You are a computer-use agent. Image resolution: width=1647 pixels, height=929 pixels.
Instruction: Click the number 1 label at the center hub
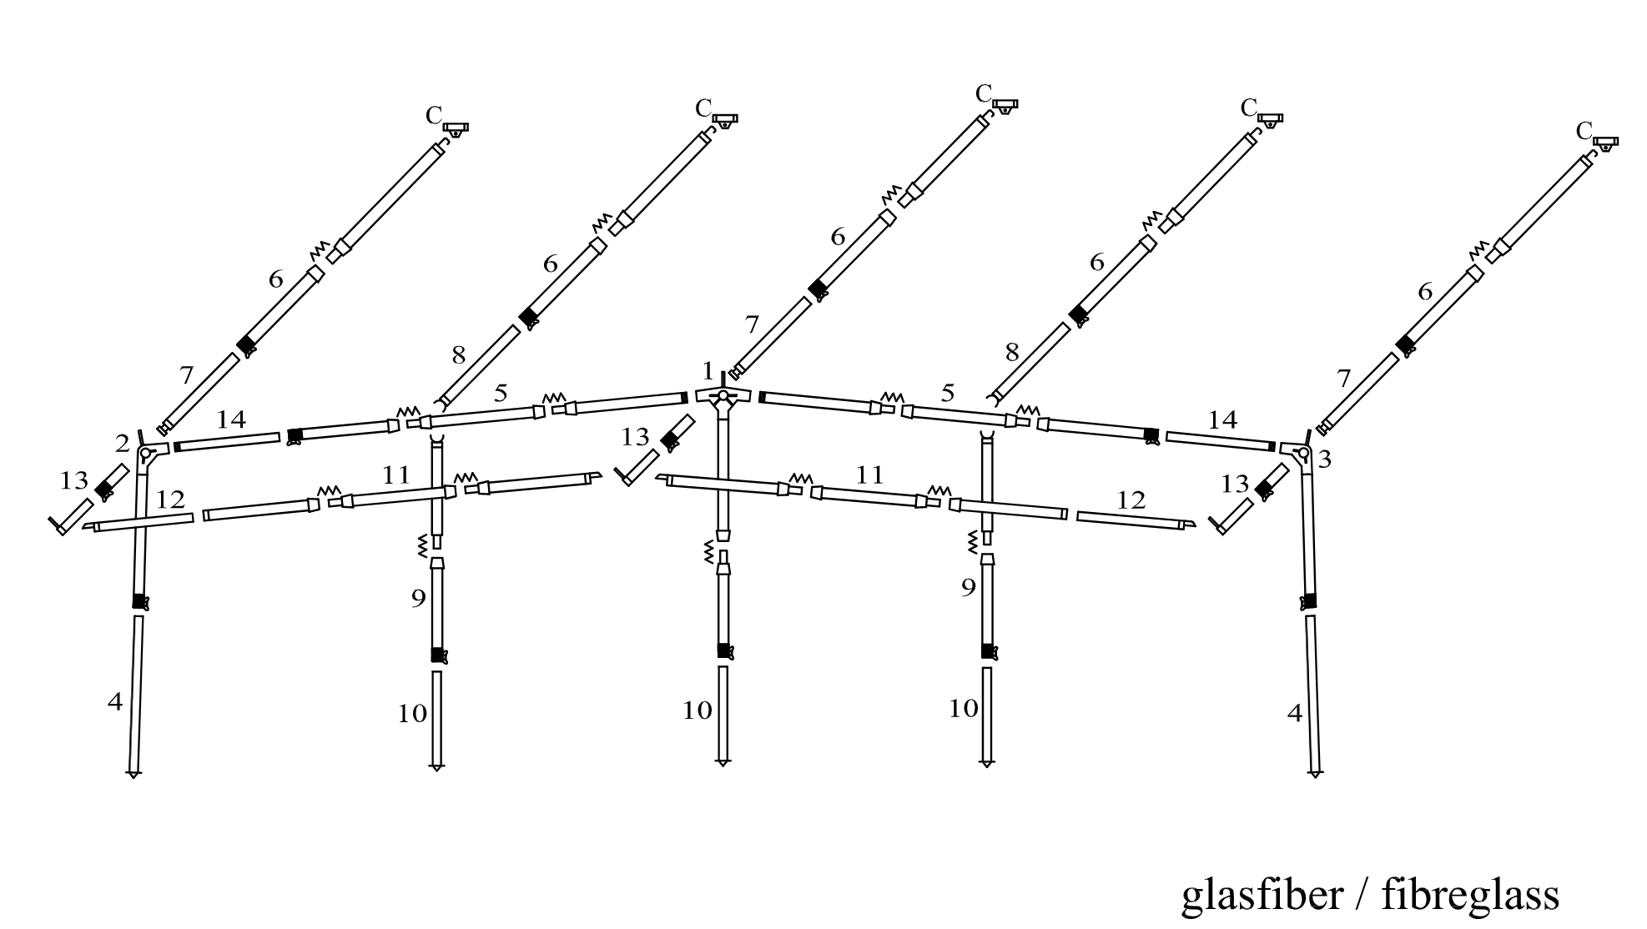pyautogui.click(x=708, y=370)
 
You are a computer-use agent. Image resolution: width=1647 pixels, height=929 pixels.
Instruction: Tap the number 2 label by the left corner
pyautogui.click(x=123, y=444)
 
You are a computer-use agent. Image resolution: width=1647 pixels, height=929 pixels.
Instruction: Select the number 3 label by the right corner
pyautogui.click(x=1324, y=459)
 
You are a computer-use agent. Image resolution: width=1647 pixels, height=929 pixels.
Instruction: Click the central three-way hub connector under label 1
pyautogui.click(x=723, y=398)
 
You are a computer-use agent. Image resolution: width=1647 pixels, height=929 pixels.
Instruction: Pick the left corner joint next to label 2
pyautogui.click(x=149, y=454)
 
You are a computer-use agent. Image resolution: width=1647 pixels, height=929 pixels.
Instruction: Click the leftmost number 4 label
pyautogui.click(x=115, y=703)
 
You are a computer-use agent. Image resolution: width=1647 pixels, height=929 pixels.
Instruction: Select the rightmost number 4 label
pyautogui.click(x=1295, y=714)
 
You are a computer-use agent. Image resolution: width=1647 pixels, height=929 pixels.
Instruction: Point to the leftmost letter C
pyautogui.click(x=433, y=116)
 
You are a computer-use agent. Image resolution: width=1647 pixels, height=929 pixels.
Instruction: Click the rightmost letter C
pyautogui.click(x=1584, y=131)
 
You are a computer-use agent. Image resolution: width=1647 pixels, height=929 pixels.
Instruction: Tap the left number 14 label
pyautogui.click(x=231, y=419)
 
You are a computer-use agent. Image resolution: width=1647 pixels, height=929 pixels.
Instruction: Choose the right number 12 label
pyautogui.click(x=1131, y=500)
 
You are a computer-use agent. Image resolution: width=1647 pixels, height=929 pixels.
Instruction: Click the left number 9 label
pyautogui.click(x=419, y=599)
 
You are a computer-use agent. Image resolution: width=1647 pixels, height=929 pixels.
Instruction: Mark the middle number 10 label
pyautogui.click(x=698, y=711)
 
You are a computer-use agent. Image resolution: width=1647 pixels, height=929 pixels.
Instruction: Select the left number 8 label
pyautogui.click(x=458, y=355)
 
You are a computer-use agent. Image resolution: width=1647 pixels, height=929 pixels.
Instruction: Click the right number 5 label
pyautogui.click(x=947, y=393)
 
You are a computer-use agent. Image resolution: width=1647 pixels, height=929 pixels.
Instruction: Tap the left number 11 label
pyautogui.click(x=396, y=475)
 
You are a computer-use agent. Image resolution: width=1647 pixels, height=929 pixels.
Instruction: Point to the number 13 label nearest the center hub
pyautogui.click(x=635, y=437)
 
